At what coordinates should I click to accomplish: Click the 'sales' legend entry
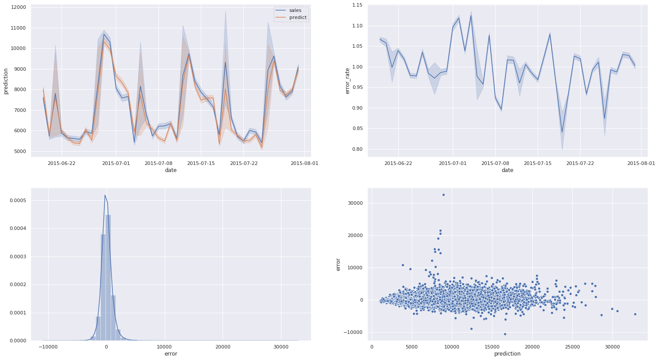[x=295, y=10]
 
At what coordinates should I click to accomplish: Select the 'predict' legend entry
[x=297, y=18]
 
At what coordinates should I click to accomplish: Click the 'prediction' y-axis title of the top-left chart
[x=6, y=81]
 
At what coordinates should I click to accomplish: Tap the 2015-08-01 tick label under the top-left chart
[x=304, y=163]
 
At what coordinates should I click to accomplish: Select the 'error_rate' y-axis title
[x=347, y=81]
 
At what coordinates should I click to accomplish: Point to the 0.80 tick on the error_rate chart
[x=356, y=149]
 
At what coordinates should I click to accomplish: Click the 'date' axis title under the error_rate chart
[x=507, y=170]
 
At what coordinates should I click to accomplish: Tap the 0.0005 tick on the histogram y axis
[x=15, y=200]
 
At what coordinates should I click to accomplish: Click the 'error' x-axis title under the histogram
[x=171, y=354]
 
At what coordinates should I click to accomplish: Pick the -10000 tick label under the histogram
[x=47, y=347]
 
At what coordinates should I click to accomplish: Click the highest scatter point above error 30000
[x=443, y=195]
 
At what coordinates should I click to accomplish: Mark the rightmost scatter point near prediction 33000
[x=635, y=314]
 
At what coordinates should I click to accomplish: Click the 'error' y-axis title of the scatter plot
[x=339, y=264]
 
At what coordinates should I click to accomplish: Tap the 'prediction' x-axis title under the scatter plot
[x=507, y=354]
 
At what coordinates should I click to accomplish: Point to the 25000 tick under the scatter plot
[x=572, y=347]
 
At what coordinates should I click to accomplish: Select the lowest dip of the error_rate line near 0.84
[x=562, y=132]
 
